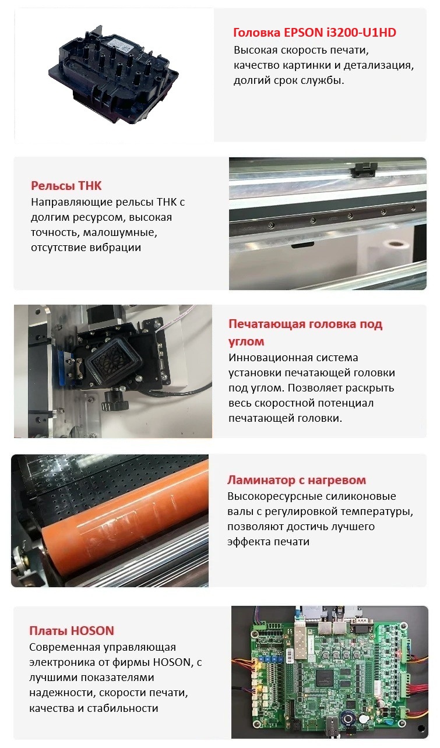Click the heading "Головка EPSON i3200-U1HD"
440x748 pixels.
click(314, 33)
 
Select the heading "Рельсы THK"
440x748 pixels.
click(66, 186)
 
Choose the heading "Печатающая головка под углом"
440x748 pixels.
click(305, 332)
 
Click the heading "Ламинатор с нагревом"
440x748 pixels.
click(297, 480)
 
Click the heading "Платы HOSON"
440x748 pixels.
click(72, 630)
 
